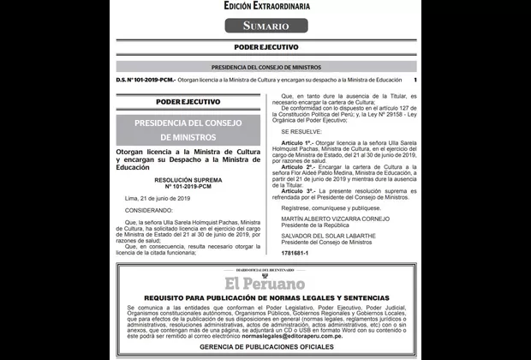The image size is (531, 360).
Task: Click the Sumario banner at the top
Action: pyautogui.click(x=265, y=25)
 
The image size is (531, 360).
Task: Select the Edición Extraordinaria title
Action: pyautogui.click(x=265, y=6)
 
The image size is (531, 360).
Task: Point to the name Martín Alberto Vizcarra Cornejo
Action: pyautogui.click(x=335, y=219)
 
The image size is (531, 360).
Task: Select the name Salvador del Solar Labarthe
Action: pyautogui.click(x=331, y=235)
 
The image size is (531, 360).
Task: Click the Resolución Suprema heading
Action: pyautogui.click(x=180, y=181)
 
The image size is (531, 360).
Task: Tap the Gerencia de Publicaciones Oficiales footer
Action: pyautogui.click(x=265, y=347)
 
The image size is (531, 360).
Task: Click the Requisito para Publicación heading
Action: pyautogui.click(x=265, y=296)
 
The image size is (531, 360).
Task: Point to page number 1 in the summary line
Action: pyautogui.click(x=415, y=80)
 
